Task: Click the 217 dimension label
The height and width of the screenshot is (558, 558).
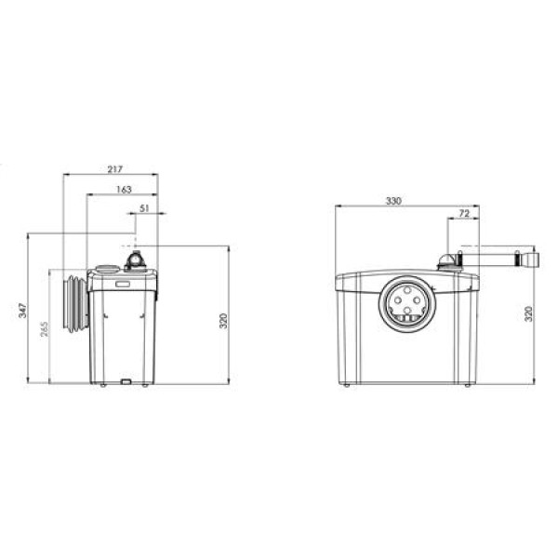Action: tap(115, 169)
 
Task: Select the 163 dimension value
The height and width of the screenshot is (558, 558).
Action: tap(124, 190)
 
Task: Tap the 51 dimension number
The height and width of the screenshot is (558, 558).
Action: tap(144, 208)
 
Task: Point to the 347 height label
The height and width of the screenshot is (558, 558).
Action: tap(22, 311)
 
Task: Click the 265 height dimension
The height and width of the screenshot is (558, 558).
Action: tap(44, 329)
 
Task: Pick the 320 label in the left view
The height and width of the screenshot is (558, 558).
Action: tap(223, 321)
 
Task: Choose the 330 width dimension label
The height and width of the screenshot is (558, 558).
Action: tap(393, 201)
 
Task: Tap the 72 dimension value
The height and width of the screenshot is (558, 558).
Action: tap(464, 214)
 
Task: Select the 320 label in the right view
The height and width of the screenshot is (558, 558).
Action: tap(528, 313)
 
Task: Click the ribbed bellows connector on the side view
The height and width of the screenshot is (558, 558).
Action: tap(75, 303)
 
